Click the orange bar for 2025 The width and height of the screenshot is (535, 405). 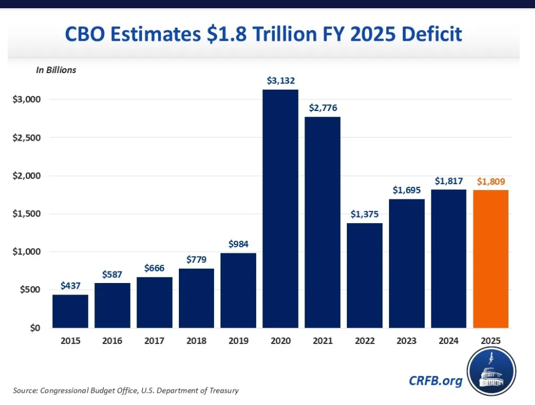491,259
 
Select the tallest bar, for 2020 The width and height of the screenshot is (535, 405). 280,209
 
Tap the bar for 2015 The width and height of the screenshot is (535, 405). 70,311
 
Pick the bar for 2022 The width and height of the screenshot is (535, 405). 364,275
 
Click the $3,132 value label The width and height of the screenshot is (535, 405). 280,80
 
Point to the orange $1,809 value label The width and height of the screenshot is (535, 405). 491,181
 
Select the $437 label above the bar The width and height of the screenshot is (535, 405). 70,286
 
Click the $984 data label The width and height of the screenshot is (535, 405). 238,244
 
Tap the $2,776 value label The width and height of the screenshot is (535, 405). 323,108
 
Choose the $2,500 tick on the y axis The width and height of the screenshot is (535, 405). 25,137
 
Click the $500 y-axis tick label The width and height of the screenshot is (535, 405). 27,290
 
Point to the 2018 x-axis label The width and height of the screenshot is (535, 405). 196,341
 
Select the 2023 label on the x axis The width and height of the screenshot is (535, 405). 407,341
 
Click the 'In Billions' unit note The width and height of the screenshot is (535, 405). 56,70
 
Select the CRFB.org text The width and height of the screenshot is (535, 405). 436,380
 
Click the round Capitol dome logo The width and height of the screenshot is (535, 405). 491,371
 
